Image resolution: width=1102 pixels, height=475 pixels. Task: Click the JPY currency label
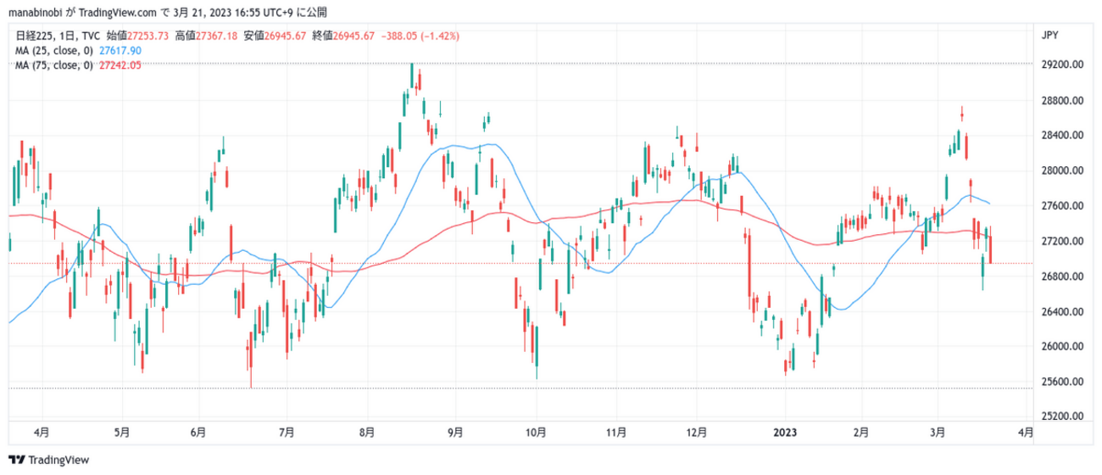point(1049,35)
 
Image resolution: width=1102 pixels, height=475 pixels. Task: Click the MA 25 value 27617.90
point(120,51)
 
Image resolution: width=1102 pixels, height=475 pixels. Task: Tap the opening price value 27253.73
point(151,36)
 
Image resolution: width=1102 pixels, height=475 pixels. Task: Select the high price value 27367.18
point(220,36)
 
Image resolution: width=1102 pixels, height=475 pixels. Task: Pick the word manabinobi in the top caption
point(33,13)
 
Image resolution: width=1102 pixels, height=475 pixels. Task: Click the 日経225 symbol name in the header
point(33,36)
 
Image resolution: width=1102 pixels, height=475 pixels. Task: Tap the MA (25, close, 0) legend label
point(54,51)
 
